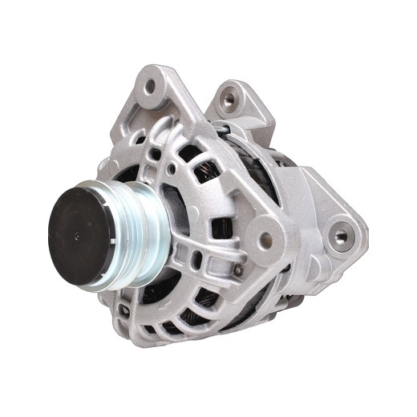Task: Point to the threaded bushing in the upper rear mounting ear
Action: click(230, 100)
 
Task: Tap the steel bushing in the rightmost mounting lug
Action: click(341, 236)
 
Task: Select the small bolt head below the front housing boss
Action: click(238, 270)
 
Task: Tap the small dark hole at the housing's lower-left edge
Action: click(123, 309)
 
